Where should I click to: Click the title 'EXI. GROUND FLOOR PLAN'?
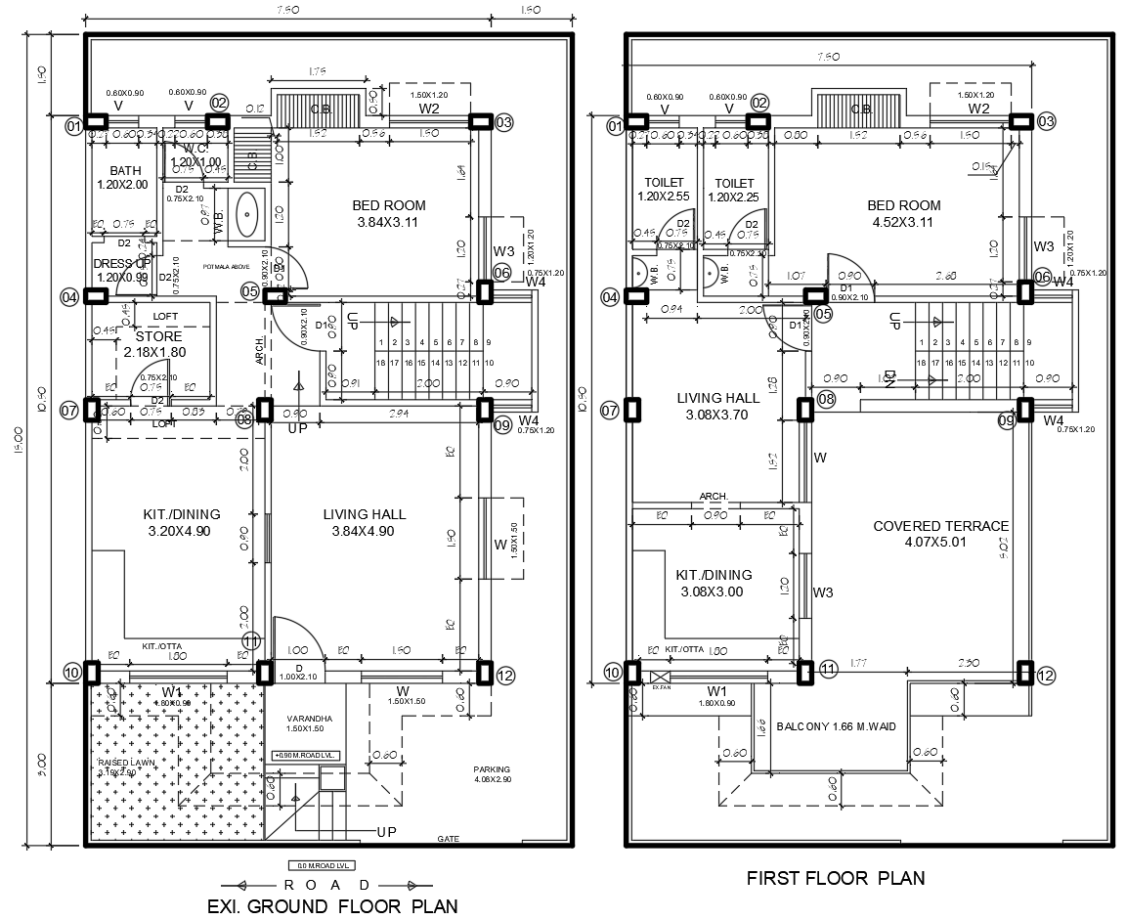click(332, 905)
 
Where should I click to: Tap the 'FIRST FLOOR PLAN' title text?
click(836, 877)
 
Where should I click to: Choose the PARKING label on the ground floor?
click(493, 774)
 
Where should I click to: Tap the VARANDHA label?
click(311, 723)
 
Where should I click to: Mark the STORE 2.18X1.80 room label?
click(153, 344)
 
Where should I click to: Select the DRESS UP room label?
click(122, 270)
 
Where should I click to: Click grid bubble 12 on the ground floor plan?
click(505, 674)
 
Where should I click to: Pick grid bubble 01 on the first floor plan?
click(614, 125)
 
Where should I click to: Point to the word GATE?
click(449, 839)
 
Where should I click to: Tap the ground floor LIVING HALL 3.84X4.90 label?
click(365, 522)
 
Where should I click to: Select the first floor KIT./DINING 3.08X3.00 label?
click(714, 583)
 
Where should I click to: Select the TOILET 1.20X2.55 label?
click(664, 190)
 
